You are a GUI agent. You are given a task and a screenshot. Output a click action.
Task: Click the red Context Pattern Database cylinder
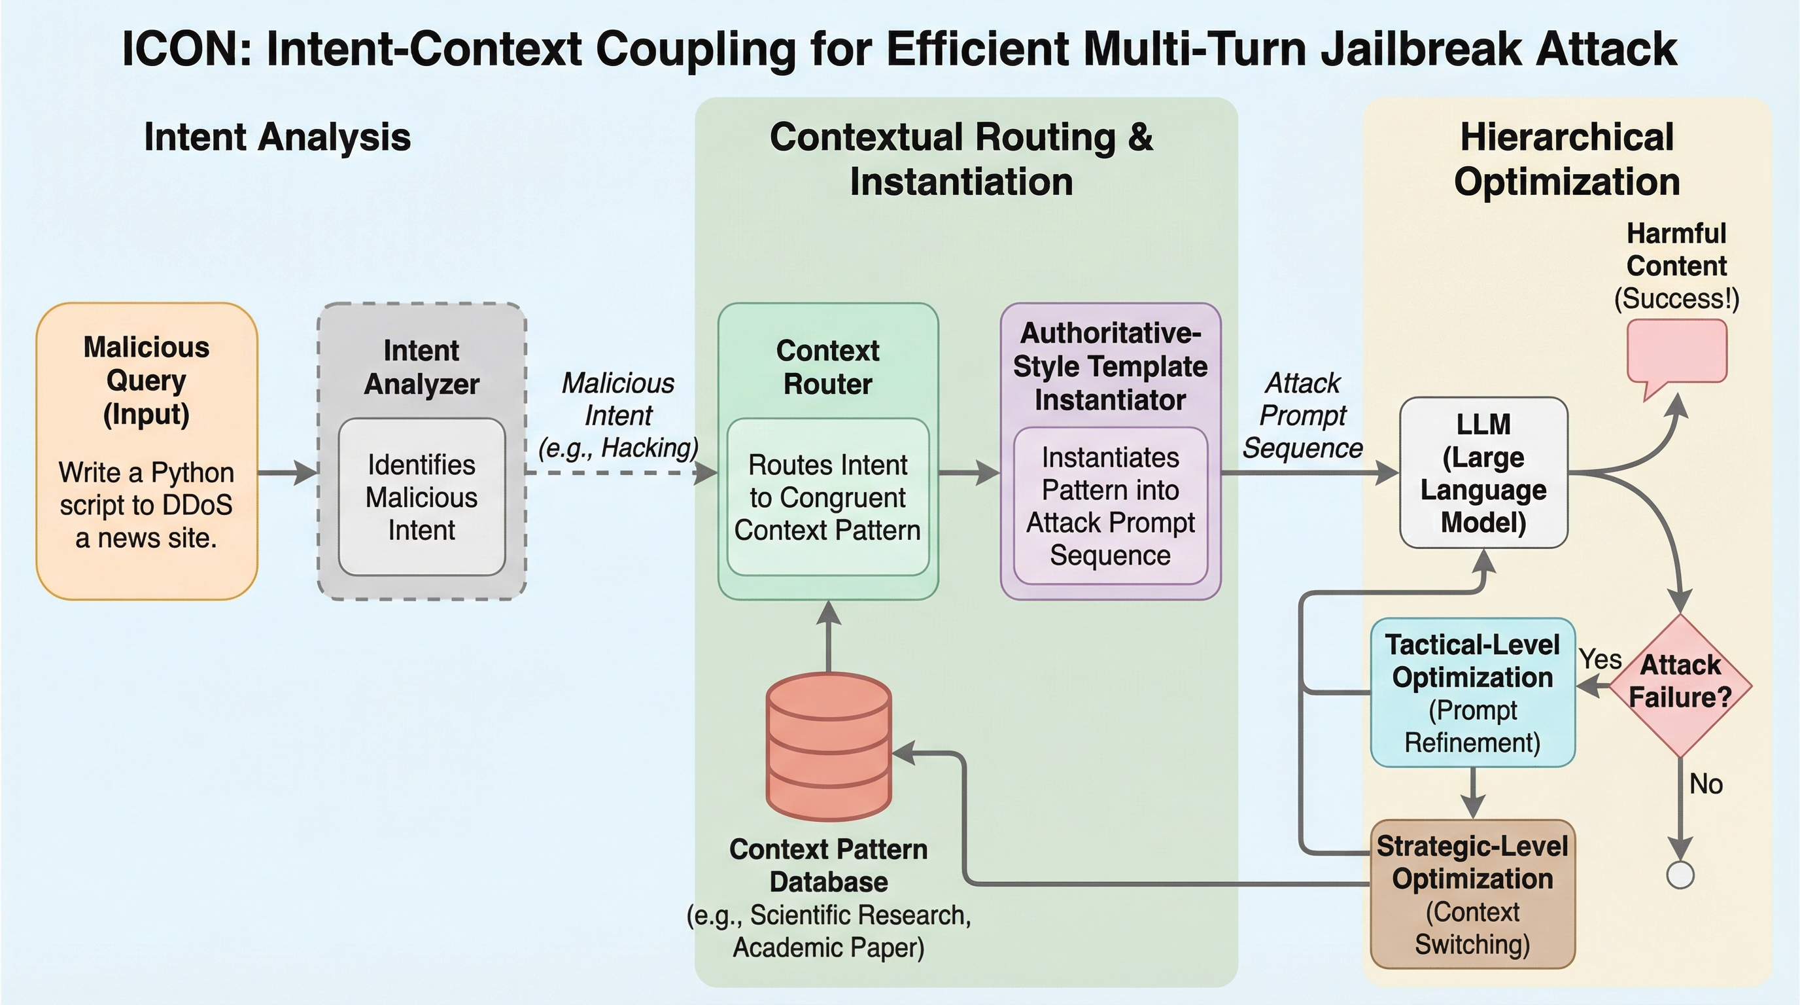coord(829,745)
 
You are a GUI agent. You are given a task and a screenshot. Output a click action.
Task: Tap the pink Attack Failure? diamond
coord(1680,685)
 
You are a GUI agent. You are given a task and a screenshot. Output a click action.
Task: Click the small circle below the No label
coord(1680,874)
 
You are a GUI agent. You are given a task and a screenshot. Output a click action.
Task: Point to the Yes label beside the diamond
coord(1599,659)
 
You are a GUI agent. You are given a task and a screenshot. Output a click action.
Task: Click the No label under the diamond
coord(1706,784)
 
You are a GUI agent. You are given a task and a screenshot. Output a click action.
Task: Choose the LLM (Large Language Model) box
coord(1483,473)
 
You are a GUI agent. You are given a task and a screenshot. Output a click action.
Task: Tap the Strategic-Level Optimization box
coord(1472,894)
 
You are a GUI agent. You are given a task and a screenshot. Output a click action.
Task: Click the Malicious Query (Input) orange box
coord(147,451)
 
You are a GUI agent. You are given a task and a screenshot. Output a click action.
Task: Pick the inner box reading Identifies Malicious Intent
coord(421,497)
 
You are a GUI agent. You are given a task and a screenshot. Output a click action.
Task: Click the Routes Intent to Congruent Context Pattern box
coord(828,497)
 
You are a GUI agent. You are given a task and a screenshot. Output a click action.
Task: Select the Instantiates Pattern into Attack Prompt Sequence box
coord(1111,506)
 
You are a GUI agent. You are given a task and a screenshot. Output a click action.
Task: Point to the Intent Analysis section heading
coord(277,136)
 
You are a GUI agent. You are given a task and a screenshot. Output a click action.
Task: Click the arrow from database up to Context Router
coord(829,636)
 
